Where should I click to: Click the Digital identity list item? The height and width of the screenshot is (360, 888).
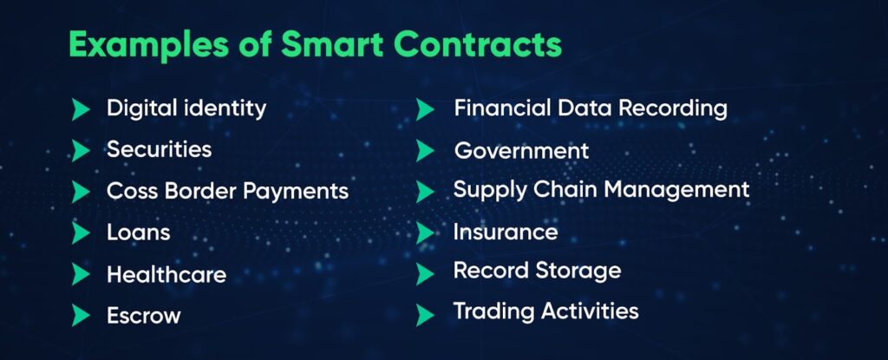pos(186,108)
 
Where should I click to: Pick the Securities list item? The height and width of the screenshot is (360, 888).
pos(160,150)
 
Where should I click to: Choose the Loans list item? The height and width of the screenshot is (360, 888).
pos(138,232)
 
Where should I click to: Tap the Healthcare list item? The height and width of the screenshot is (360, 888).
pos(166,274)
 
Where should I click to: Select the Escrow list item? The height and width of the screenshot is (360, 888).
pos(144,315)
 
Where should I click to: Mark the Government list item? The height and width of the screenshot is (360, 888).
pos(521,150)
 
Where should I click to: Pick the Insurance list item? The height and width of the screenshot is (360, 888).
pos(506,232)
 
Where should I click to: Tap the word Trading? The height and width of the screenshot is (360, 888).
pos(494,312)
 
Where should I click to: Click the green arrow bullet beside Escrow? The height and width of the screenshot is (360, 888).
pos(81,315)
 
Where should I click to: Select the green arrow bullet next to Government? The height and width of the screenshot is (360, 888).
pos(425,151)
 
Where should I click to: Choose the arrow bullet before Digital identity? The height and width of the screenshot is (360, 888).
pos(81,108)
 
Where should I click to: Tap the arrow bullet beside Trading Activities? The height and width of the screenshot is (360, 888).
pos(425,315)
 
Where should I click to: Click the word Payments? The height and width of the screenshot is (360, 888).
pos(296,192)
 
